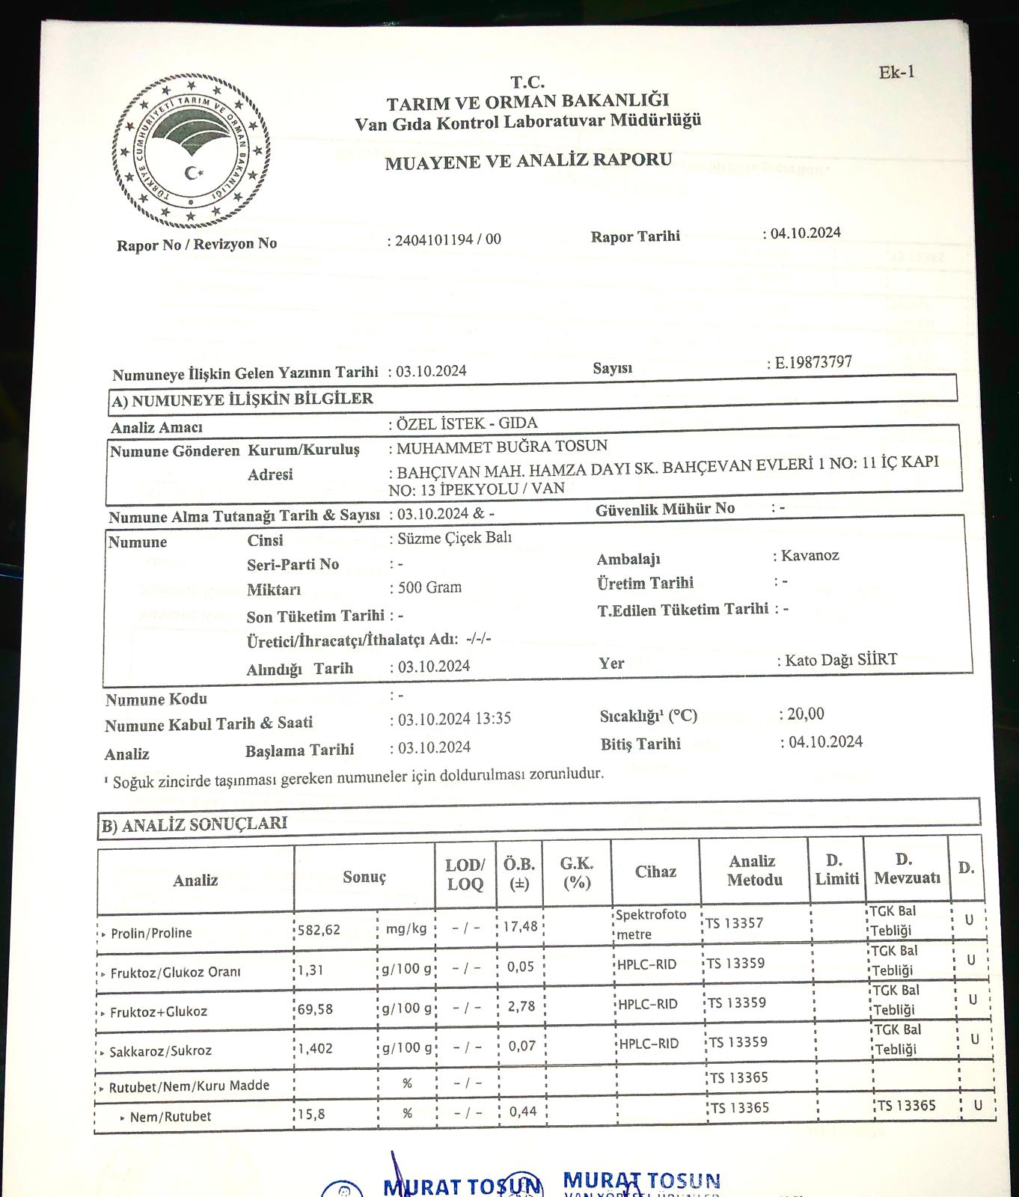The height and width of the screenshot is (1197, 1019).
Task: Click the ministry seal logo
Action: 192,151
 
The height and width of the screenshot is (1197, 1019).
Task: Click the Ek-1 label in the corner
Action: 896,73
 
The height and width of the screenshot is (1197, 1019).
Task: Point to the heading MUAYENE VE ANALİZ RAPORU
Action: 528,161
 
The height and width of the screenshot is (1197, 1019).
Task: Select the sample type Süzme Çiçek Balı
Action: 454,538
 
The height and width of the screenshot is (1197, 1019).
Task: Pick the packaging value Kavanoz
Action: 810,555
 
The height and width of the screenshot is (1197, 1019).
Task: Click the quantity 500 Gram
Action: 429,587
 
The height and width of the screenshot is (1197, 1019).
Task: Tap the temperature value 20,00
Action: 805,714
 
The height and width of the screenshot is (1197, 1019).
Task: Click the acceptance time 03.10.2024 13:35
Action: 454,719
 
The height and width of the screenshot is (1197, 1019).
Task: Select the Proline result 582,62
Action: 319,930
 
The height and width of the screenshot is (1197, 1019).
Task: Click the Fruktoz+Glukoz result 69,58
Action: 315,1009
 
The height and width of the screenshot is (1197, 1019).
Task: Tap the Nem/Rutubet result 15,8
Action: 312,1114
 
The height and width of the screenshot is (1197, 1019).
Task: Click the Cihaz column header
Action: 655,872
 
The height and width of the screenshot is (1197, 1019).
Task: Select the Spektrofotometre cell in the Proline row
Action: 650,925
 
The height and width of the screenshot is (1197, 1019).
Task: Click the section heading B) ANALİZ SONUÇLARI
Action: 194,824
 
